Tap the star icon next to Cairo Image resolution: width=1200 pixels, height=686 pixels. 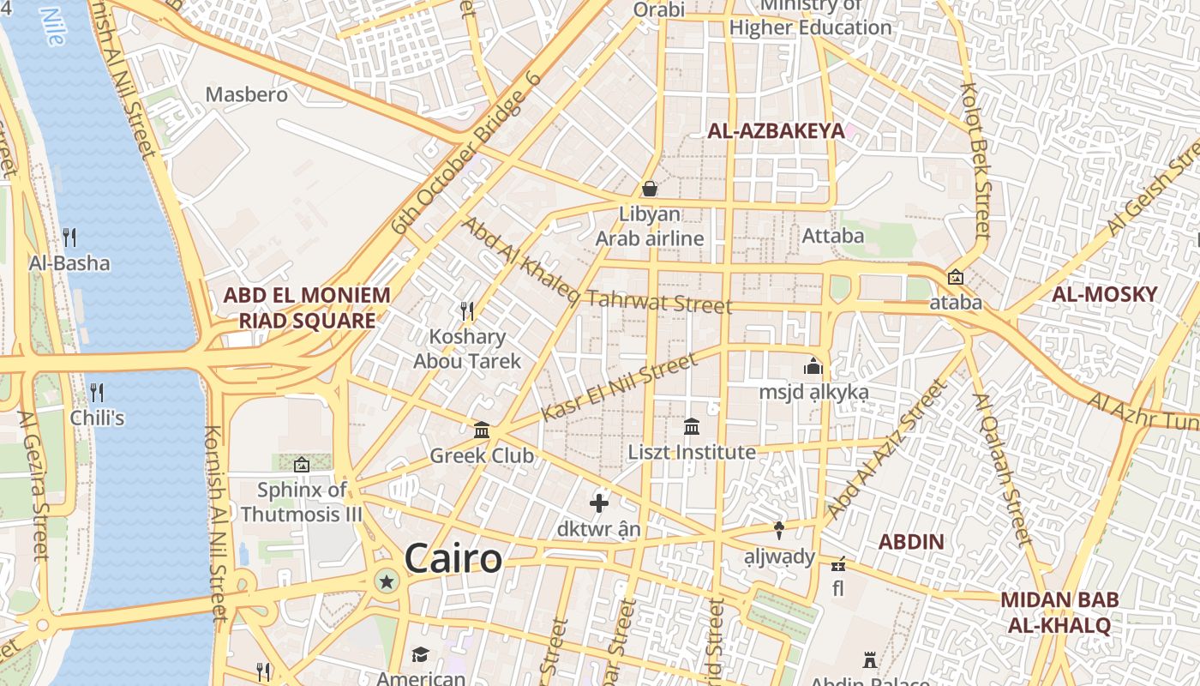tap(387, 582)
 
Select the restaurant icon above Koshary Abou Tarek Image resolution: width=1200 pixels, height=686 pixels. tap(467, 310)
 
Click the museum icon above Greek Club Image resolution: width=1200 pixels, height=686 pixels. tap(482, 430)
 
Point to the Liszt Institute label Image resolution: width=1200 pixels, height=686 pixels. tap(692, 452)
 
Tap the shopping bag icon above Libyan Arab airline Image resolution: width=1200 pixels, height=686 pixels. tap(650, 188)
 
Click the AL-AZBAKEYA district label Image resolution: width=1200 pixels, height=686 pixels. tap(775, 131)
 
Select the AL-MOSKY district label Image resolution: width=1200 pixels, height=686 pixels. tap(1104, 294)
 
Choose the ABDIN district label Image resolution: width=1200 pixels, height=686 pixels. tap(911, 542)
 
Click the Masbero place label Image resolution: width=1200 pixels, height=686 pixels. tap(246, 94)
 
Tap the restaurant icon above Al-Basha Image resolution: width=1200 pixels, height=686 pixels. tap(69, 237)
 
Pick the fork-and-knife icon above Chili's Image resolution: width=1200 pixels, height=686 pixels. tap(97, 393)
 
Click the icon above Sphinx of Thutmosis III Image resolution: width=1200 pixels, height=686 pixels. tap(302, 465)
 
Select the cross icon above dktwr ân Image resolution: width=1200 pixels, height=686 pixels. tap(599, 503)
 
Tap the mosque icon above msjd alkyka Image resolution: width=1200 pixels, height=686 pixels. tap(813, 366)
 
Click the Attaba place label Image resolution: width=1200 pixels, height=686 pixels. tap(832, 235)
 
